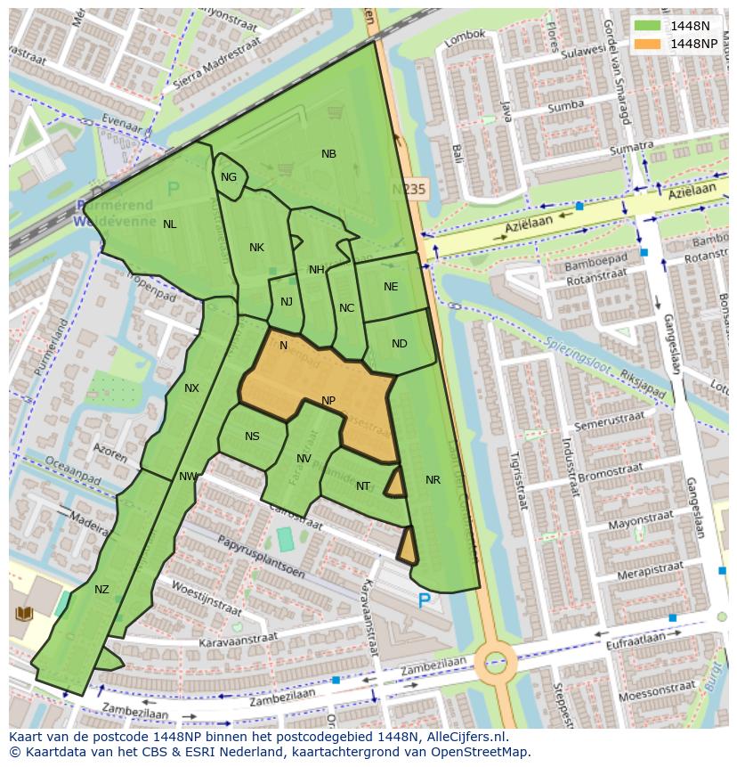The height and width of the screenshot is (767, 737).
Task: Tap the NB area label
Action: [328, 154]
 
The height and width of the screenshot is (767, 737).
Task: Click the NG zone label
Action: [229, 177]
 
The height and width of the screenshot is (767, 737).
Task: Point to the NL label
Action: [169, 224]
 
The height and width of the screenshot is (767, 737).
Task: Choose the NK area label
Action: [256, 248]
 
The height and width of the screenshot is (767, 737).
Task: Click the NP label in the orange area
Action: [328, 401]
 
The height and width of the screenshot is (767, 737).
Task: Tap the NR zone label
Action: [433, 480]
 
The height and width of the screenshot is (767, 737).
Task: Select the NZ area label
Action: [101, 590]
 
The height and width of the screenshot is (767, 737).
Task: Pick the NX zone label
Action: [191, 388]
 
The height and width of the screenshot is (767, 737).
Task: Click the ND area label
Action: [399, 344]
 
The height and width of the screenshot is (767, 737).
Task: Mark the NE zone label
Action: [391, 287]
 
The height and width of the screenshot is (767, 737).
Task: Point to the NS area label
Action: [252, 437]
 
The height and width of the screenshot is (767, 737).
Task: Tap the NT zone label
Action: [363, 486]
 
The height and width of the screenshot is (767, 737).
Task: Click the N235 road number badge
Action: [409, 189]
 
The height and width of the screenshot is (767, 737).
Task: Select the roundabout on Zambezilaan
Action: [495, 663]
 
